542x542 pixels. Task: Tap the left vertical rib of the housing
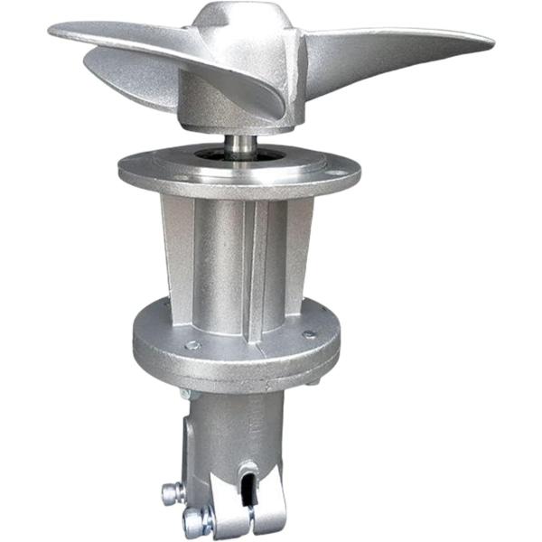tap(178, 262)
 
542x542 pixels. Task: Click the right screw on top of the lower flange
tap(310, 334)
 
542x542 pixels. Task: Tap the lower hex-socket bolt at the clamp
tap(193, 521)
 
